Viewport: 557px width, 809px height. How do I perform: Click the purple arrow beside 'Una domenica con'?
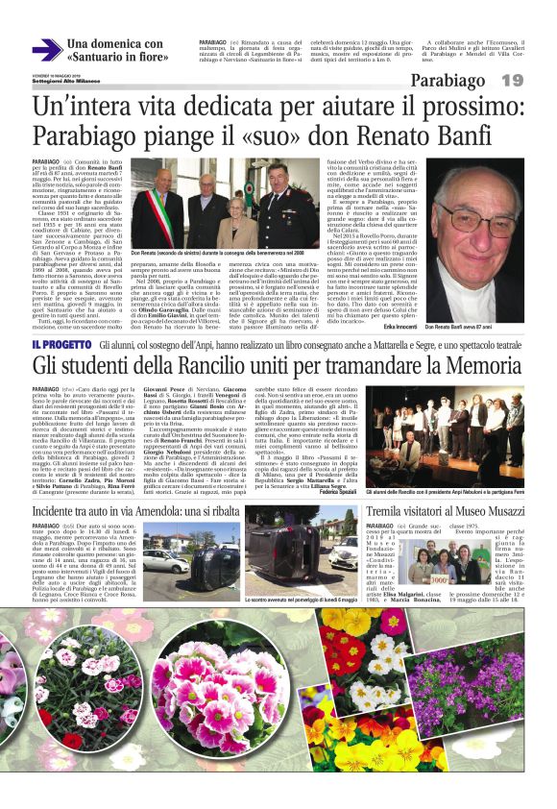pyautogui.click(x=46, y=51)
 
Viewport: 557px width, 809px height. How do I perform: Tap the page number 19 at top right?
pyautogui.click(x=512, y=80)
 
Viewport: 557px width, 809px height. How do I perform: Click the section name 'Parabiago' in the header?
pyautogui.click(x=448, y=80)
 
